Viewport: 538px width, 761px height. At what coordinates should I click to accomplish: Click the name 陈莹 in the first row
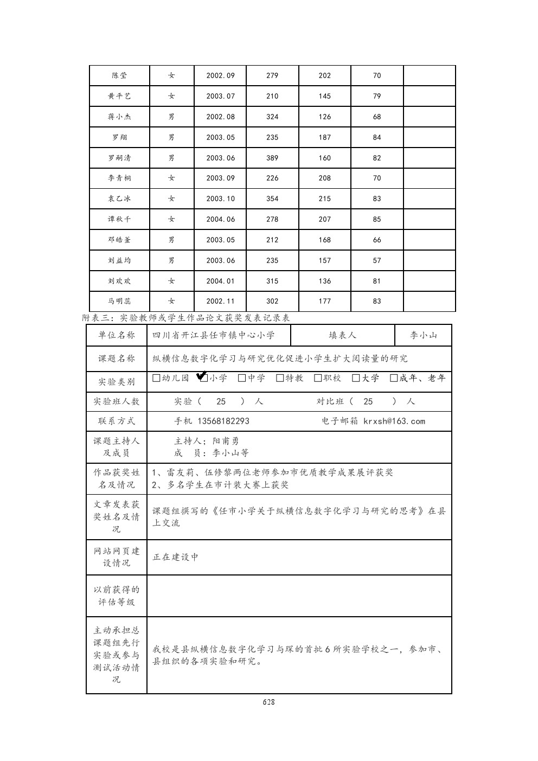(119, 76)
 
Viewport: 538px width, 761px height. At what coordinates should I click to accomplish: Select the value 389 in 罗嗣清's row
(272, 158)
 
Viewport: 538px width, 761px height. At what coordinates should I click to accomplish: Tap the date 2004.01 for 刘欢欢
(220, 281)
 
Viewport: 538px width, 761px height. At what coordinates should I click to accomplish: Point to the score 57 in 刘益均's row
(377, 261)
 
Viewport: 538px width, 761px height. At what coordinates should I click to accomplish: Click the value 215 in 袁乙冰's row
(324, 199)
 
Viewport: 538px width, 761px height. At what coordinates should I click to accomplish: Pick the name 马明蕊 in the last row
(119, 302)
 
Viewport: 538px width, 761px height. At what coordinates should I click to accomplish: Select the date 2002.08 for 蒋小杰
(220, 117)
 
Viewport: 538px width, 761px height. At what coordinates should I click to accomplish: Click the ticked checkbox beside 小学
(204, 378)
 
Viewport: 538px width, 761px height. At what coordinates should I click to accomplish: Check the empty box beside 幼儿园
(157, 378)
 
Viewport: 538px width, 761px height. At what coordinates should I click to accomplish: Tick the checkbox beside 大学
(356, 378)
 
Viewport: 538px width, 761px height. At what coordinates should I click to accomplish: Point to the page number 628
(268, 702)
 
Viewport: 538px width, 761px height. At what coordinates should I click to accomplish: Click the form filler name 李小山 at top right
(423, 336)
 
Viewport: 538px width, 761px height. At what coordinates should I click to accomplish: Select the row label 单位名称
(117, 336)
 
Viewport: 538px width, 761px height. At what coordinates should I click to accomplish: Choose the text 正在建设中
(176, 557)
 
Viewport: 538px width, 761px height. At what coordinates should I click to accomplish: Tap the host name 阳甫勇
(226, 442)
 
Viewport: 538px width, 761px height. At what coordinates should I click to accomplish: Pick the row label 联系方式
(117, 421)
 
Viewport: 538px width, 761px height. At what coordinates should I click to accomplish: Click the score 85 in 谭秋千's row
(377, 220)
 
